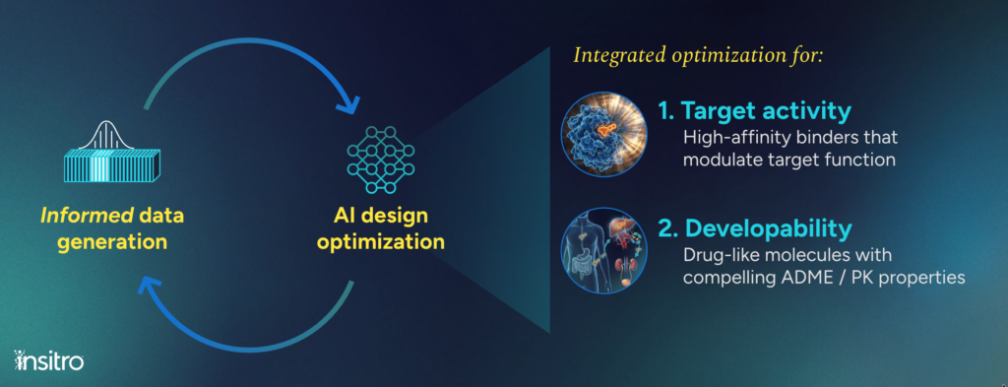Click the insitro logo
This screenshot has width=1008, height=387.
pos(48,360)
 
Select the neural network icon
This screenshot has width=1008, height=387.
pos(381,160)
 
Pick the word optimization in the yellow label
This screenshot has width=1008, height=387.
pos(381,242)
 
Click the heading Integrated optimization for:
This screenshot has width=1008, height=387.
pos(698,55)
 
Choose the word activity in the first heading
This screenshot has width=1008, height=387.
pos(814,111)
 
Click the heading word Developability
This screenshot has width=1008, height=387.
pos(769,228)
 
